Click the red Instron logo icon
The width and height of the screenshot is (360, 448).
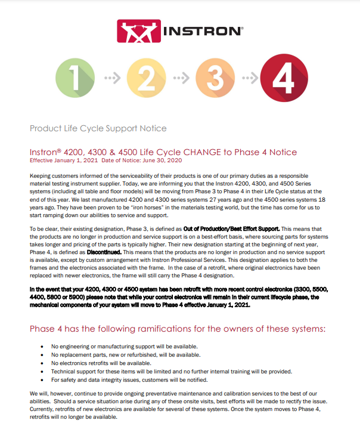[139, 31]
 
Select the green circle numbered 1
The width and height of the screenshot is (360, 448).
[75, 78]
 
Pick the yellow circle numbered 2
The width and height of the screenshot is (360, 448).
[147, 78]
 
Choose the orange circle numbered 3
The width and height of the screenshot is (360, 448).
[215, 78]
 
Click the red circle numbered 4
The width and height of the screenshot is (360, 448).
[284, 78]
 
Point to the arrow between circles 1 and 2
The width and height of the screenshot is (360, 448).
[113, 78]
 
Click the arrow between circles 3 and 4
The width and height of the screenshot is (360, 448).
[250, 78]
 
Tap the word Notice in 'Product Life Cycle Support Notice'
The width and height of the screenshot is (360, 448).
[153, 128]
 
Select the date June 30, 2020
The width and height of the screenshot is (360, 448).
[162, 160]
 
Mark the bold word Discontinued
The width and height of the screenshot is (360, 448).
[104, 252]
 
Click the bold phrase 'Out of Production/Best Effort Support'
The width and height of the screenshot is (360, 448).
[231, 229]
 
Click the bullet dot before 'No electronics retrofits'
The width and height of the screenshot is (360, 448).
[42, 363]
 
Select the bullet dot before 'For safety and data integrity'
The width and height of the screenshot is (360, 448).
[42, 380]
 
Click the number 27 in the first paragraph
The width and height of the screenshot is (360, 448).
[213, 200]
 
